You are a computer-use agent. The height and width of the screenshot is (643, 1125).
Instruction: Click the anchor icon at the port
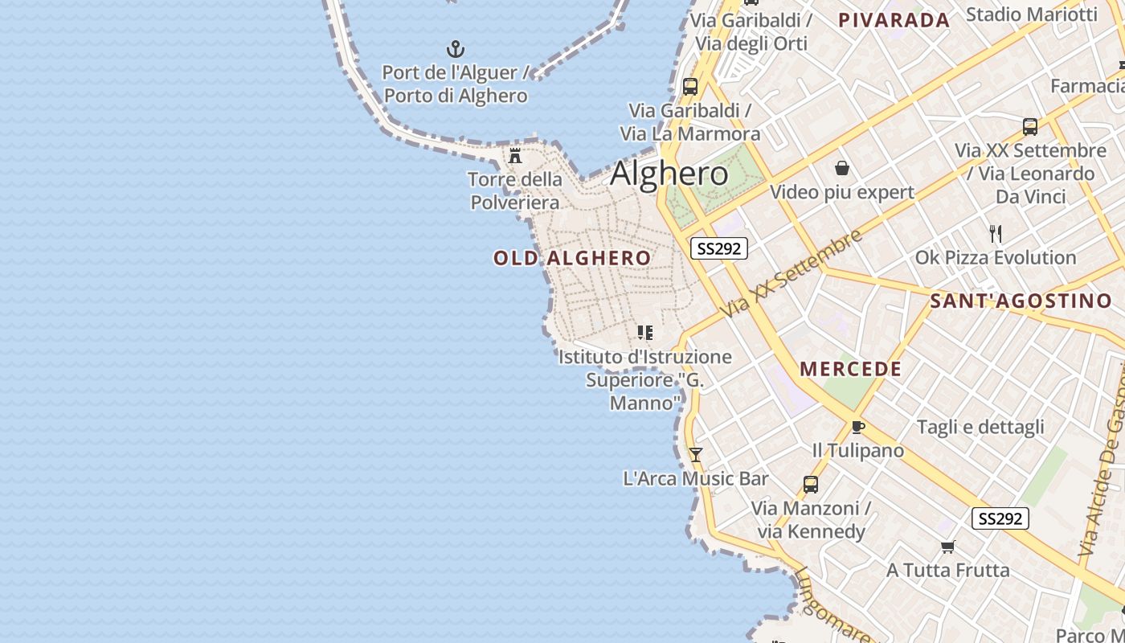coord(456,49)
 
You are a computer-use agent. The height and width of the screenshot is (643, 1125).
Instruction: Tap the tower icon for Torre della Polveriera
coord(515,155)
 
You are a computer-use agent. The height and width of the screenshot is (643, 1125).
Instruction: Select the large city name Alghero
coord(669,174)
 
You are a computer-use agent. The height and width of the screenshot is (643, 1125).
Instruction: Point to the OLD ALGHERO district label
coord(572,258)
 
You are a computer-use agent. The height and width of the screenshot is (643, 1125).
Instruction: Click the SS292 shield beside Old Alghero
coord(719,248)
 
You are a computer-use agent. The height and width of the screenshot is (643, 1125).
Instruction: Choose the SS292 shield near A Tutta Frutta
coord(1000,518)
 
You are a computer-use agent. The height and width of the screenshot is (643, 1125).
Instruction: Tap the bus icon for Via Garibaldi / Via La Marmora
coord(689,87)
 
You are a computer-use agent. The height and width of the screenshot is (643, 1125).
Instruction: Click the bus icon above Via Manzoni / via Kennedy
coord(811,485)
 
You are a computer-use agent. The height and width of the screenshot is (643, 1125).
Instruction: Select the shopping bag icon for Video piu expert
coord(841,168)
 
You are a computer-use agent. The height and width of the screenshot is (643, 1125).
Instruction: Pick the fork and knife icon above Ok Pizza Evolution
coord(996,234)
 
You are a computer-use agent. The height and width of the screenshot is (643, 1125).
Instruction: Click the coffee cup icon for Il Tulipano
coord(857,427)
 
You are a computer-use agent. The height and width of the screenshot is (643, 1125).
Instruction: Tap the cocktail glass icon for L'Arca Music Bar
coord(696,455)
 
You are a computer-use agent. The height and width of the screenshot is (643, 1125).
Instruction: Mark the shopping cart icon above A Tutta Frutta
coord(947,547)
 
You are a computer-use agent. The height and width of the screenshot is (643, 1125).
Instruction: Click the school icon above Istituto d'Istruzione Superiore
coord(644,332)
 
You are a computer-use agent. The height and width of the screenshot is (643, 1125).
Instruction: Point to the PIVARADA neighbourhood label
coord(894,20)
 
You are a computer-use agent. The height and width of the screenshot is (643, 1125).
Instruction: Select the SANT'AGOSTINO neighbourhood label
coord(1021,301)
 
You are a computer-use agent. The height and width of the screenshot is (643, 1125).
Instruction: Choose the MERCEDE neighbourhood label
coord(851,369)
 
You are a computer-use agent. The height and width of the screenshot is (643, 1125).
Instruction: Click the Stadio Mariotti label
coord(1031,14)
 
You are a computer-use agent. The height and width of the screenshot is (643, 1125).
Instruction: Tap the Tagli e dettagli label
coord(980,427)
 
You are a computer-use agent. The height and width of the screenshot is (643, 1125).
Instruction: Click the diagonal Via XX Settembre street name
coord(792,272)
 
